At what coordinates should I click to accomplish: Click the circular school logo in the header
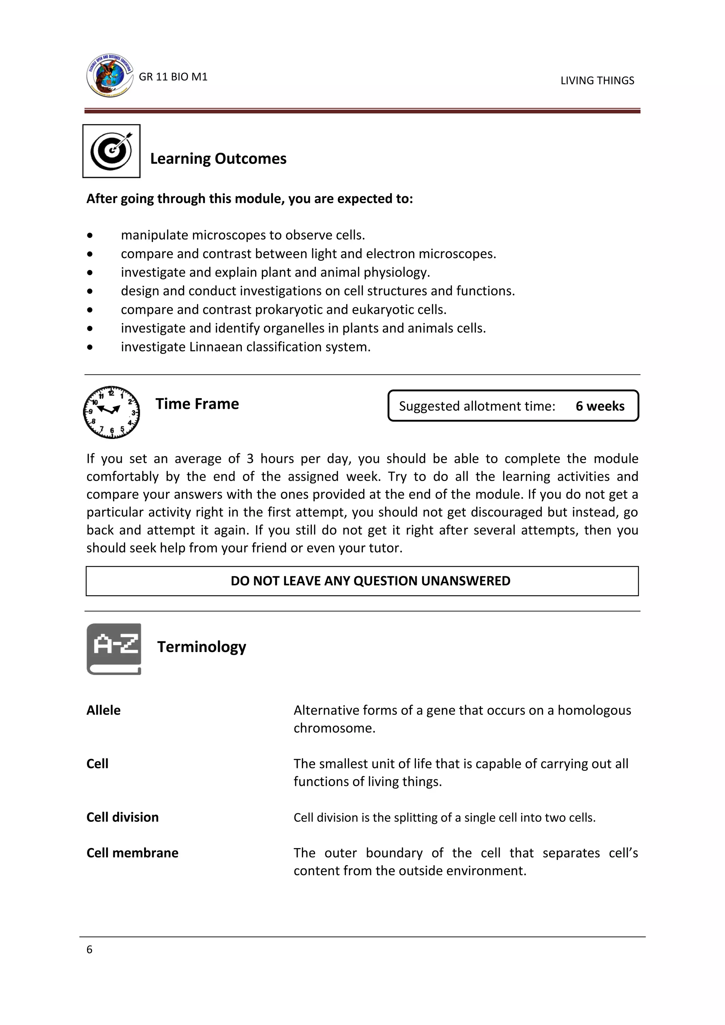pos(109,75)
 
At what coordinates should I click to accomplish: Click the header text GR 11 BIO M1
pos(173,77)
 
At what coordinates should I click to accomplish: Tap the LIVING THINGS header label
pos(597,80)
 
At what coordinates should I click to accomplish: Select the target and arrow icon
pos(112,151)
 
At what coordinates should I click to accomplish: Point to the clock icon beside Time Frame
pos(112,412)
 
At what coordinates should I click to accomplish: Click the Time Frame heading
pos(197,403)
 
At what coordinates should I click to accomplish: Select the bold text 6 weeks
pos(600,406)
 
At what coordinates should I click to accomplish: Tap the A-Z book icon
pos(114,649)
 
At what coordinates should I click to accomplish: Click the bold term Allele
pos(103,710)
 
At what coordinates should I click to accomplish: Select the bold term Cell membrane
pos(132,853)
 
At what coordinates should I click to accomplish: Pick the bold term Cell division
pos(122,817)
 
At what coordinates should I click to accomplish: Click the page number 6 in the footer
pos(89,950)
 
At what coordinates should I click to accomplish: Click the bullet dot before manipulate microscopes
pos(90,235)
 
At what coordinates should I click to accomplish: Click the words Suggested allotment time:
pos(477,406)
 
